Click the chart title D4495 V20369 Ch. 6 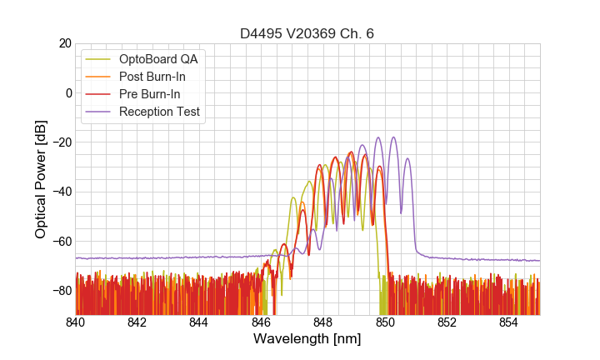(x=307, y=33)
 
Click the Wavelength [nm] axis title (x=307, y=339)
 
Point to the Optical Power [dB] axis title (x=41, y=179)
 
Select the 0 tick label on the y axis (x=68, y=92)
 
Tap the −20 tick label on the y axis (x=62, y=142)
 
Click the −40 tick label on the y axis (x=62, y=192)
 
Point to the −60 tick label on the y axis (x=62, y=241)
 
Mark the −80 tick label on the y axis (x=62, y=291)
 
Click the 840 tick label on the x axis (x=76, y=322)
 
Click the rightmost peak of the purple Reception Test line (x=407, y=158)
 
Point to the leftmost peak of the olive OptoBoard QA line (x=292, y=197)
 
